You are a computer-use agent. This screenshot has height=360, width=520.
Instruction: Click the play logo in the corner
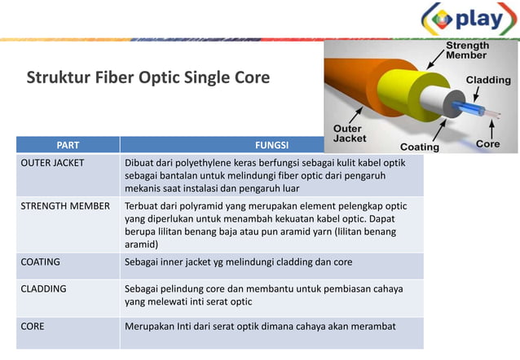469,20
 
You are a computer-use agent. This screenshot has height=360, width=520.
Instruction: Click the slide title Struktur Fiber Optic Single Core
148,79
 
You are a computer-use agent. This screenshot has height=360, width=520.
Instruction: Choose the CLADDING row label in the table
44,288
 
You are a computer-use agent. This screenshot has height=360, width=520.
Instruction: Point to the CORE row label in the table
33,327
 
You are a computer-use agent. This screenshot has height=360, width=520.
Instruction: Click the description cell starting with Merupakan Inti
260,327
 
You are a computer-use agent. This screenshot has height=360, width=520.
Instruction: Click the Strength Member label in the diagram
467,51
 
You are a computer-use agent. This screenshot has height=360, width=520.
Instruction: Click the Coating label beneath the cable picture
419,147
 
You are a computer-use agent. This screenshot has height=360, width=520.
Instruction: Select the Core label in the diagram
487,144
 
